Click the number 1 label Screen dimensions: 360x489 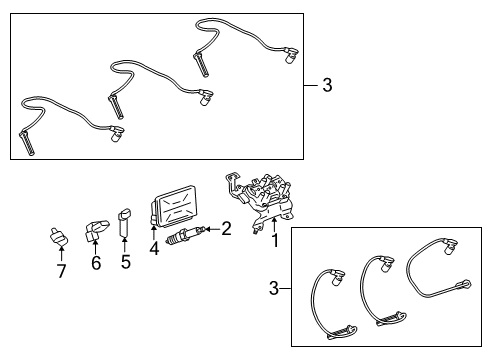pos(275,241)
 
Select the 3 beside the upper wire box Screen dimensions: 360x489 pos(326,86)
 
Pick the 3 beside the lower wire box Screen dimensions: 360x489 pos(273,290)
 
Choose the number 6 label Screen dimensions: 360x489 pos(96,264)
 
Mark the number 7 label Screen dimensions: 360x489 pos(61,272)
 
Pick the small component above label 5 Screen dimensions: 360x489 pos(125,223)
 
